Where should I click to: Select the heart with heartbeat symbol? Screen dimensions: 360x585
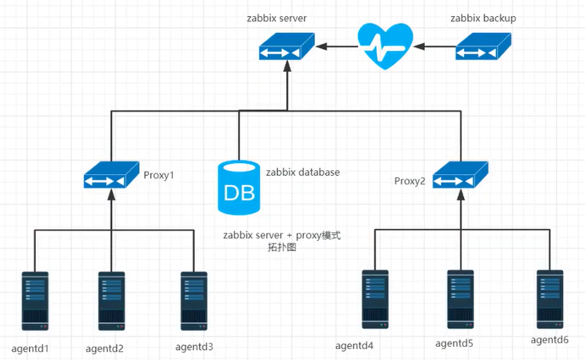[x=385, y=45]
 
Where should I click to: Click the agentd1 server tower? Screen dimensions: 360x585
[x=34, y=301]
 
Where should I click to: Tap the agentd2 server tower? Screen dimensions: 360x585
[x=111, y=301]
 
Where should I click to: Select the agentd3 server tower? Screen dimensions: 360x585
[x=194, y=301]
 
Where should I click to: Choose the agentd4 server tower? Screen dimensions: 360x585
[x=376, y=299]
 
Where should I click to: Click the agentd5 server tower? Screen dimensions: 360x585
[x=460, y=299]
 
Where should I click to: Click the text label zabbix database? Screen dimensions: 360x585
[x=302, y=173]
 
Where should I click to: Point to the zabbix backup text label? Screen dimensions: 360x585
[x=483, y=18]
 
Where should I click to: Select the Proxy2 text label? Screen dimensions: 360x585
[x=409, y=181]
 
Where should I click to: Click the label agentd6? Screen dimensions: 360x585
[x=550, y=340]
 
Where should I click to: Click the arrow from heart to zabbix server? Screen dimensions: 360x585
[x=338, y=47]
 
